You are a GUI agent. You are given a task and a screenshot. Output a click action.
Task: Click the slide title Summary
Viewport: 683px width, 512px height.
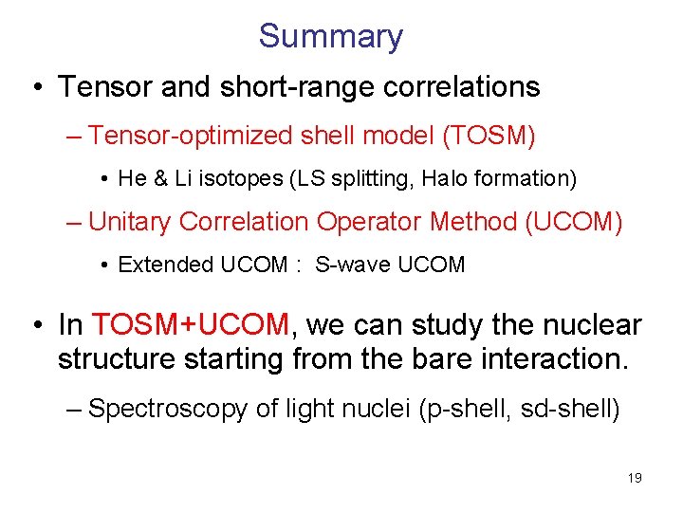330,36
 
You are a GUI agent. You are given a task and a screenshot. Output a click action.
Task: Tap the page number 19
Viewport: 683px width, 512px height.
635,478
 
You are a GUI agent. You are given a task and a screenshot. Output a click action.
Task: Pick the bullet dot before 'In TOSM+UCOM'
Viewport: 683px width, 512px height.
36,326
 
